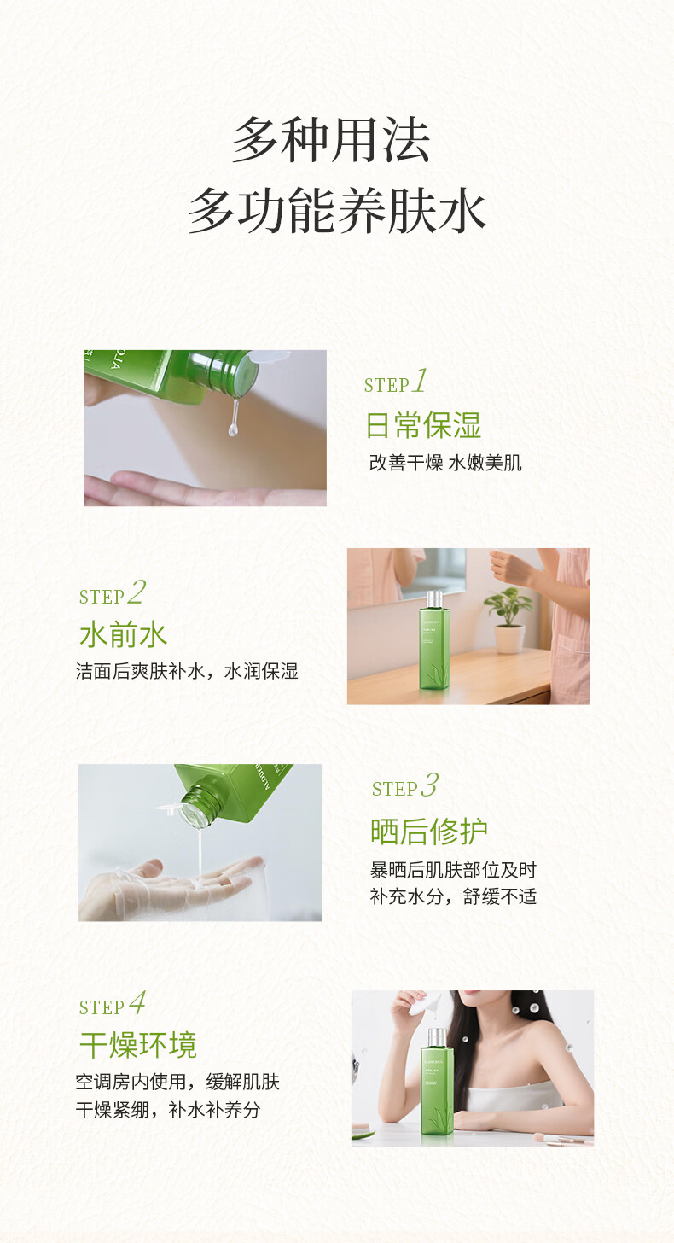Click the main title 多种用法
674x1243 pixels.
click(x=331, y=138)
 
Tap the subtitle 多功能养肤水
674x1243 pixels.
click(x=337, y=210)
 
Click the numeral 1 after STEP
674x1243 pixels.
click(x=420, y=382)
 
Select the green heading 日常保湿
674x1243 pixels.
click(x=423, y=426)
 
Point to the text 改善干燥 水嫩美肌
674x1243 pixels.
click(x=445, y=463)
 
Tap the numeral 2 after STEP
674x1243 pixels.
click(x=137, y=592)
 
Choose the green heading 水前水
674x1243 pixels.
click(x=123, y=635)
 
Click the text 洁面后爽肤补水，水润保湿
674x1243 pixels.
click(x=187, y=671)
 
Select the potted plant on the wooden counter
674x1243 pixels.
click(x=508, y=620)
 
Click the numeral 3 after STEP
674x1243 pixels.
click(x=429, y=785)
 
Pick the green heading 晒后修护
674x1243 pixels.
click(x=429, y=832)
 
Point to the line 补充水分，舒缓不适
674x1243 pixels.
click(x=453, y=896)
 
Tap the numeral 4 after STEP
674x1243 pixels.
click(x=137, y=1003)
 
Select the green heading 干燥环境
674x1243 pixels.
click(x=138, y=1045)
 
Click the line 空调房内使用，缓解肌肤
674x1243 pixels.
click(x=177, y=1082)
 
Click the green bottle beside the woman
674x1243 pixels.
click(x=437, y=1084)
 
